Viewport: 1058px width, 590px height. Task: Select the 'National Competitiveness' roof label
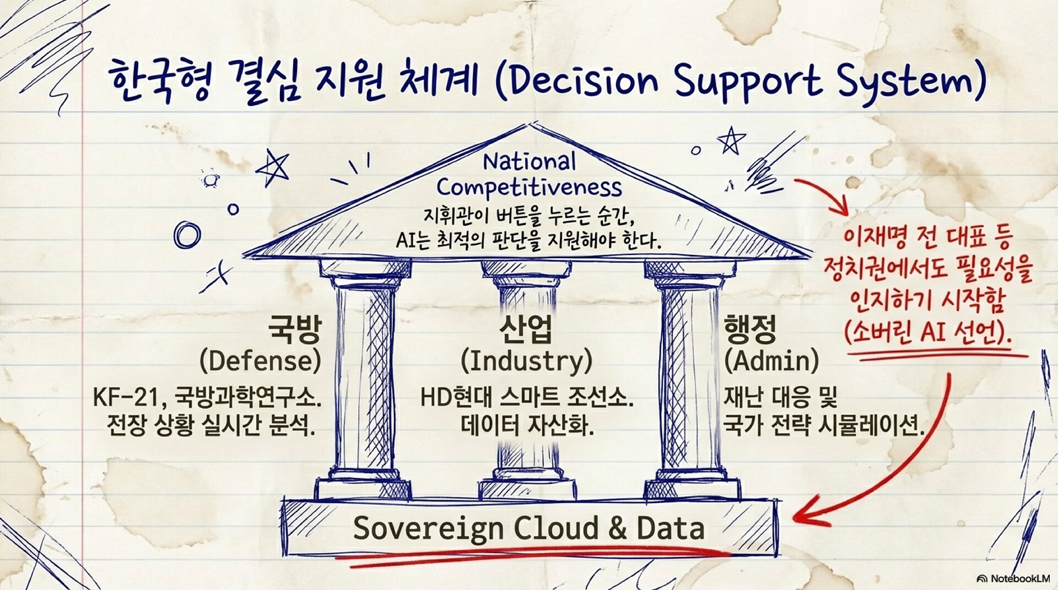coord(529,175)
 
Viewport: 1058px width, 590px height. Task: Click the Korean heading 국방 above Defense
coord(294,329)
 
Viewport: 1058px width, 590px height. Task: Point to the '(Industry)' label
coord(526,361)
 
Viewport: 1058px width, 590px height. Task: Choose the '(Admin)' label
coord(771,361)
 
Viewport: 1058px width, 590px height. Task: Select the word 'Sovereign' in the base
coord(429,528)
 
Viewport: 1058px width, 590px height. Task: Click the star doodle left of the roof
coord(273,167)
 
